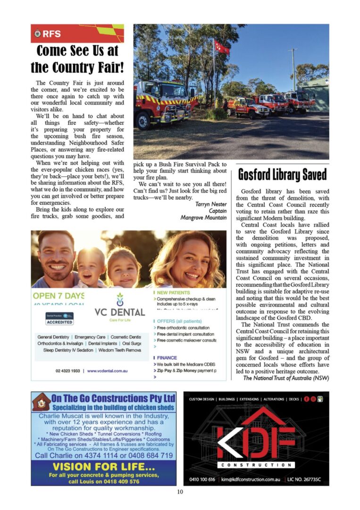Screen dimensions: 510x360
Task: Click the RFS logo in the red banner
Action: (38, 34)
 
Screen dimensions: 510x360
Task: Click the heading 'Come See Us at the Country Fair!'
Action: (77, 59)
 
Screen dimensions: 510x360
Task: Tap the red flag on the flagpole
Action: (221, 47)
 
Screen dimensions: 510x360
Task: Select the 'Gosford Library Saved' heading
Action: (282, 174)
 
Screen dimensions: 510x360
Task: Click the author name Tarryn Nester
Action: (210, 204)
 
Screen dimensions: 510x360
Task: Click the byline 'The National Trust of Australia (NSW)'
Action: (286, 378)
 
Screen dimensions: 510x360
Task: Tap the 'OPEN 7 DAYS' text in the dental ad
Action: (59, 296)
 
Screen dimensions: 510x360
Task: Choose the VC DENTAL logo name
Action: (119, 312)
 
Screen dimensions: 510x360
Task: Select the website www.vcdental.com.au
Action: (108, 371)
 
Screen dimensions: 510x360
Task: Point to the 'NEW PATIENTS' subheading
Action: (174, 293)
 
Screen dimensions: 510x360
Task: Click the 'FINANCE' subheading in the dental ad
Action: (167, 358)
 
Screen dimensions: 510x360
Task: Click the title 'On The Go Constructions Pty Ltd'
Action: (113, 398)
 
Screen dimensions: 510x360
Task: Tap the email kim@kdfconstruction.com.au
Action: (251, 479)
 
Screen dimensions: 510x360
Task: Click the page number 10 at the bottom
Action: (180, 492)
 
